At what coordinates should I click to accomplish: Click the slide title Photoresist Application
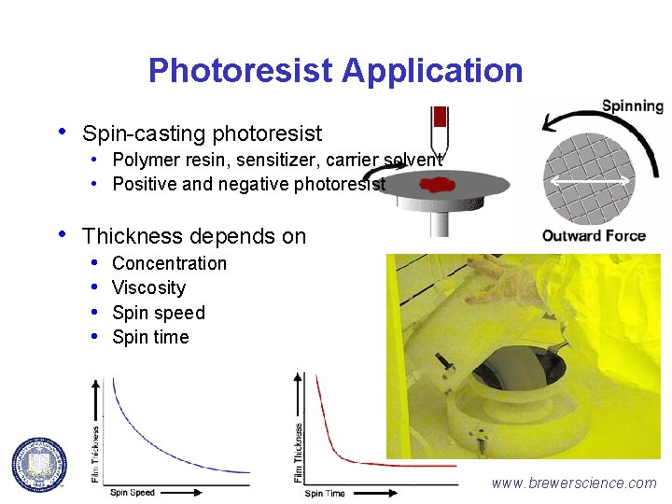tap(335, 70)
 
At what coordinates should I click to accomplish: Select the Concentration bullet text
tap(169, 263)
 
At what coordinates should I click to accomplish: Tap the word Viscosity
tap(148, 287)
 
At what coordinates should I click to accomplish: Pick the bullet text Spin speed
tap(158, 313)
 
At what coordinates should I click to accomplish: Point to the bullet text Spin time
tap(150, 337)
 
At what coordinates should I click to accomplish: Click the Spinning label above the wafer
tap(632, 105)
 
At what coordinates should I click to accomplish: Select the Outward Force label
tap(594, 235)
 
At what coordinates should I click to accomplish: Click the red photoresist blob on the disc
tap(437, 184)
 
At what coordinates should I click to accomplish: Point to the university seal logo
tap(39, 464)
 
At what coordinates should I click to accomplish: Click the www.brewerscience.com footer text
tap(574, 483)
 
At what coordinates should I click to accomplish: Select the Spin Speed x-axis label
tap(132, 492)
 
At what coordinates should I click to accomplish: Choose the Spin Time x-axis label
tap(325, 493)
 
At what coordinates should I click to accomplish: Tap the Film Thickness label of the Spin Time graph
tap(299, 453)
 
